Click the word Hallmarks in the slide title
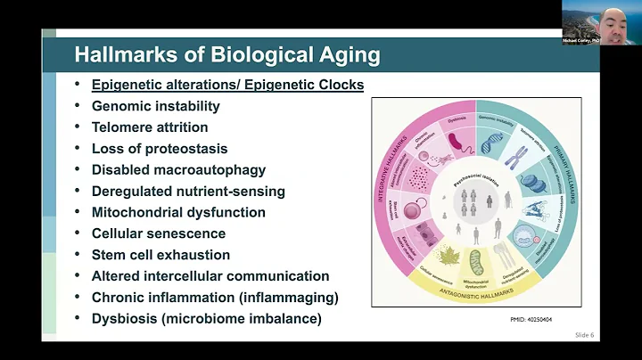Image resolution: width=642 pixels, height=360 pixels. [116, 55]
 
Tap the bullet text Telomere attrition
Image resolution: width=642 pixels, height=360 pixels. [150, 127]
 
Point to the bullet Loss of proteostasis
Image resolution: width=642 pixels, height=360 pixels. [160, 149]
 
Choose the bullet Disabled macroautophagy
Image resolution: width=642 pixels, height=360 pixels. [178, 170]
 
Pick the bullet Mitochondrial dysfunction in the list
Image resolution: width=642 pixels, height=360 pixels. [178, 212]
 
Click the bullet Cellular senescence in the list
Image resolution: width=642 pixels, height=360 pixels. [159, 233]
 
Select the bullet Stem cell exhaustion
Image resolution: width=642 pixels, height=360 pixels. [160, 255]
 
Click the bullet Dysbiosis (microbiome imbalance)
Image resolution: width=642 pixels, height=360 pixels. [206, 319]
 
